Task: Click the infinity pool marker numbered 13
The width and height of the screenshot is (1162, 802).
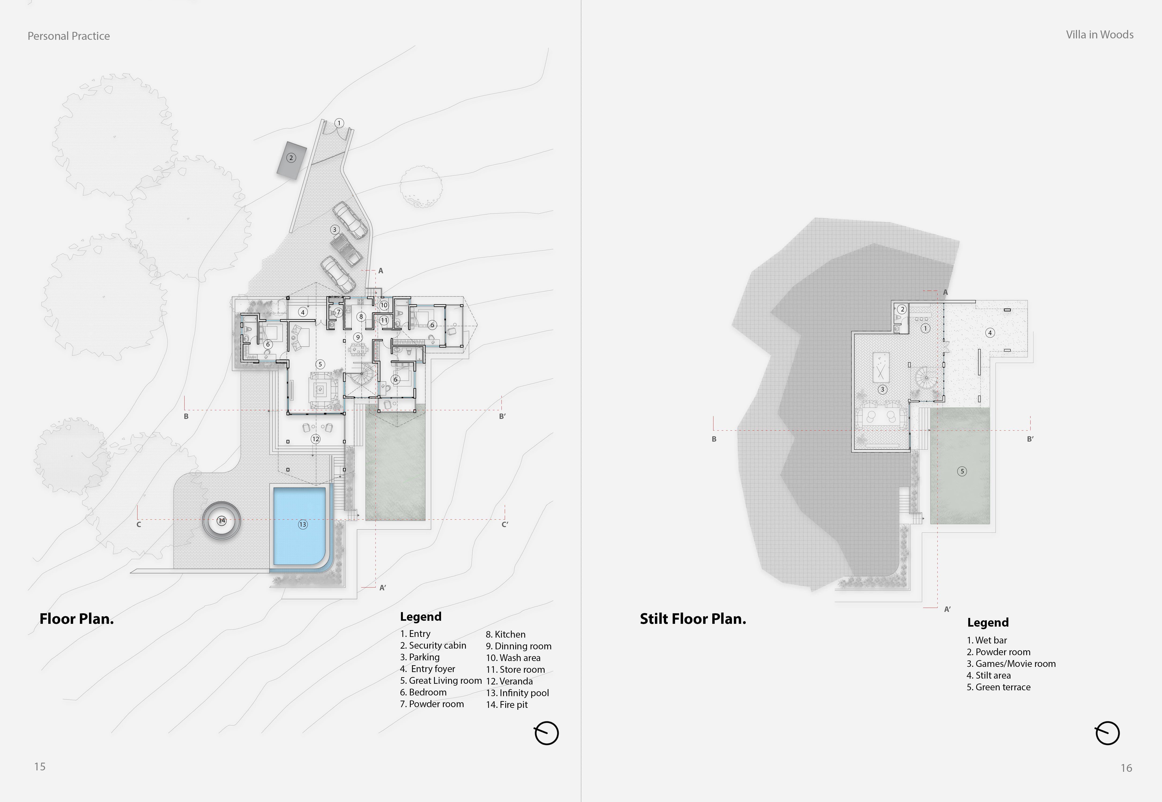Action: pyautogui.click(x=303, y=524)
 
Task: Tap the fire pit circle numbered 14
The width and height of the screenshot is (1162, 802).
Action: pyautogui.click(x=222, y=520)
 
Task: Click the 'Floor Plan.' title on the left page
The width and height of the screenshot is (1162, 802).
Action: pyautogui.click(x=76, y=619)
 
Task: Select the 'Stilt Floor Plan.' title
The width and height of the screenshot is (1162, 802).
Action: pyautogui.click(x=693, y=619)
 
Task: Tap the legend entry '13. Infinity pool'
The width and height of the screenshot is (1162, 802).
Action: pyautogui.click(x=517, y=692)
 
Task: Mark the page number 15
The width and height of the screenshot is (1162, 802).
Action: pyautogui.click(x=40, y=766)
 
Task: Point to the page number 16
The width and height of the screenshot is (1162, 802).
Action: pyautogui.click(x=1126, y=768)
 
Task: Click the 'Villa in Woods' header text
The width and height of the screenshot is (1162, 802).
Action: pyautogui.click(x=1100, y=35)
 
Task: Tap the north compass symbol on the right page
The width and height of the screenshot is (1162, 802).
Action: pyautogui.click(x=1107, y=733)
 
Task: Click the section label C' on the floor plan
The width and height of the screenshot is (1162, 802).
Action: pyautogui.click(x=505, y=524)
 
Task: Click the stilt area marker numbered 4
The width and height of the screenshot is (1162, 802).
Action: pyautogui.click(x=990, y=333)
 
